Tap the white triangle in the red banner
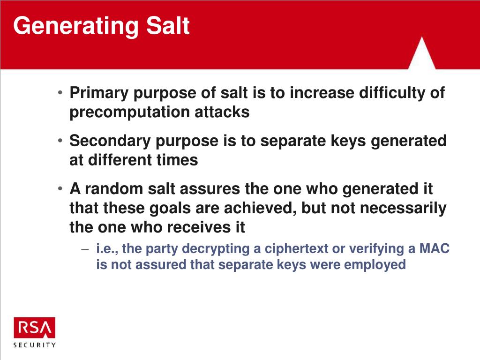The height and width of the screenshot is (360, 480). pyautogui.click(x=422, y=53)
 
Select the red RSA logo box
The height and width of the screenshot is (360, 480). pyautogui.click(x=35, y=328)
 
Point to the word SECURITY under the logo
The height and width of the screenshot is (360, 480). pyautogui.click(x=35, y=345)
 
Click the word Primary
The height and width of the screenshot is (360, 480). pyautogui.click(x=99, y=93)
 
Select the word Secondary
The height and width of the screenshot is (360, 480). pyautogui.click(x=110, y=141)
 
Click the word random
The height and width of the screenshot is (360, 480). pyautogui.click(x=114, y=188)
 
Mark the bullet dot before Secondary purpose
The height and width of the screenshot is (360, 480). pyautogui.click(x=60, y=141)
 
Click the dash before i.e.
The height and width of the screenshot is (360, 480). pyautogui.click(x=85, y=249)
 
